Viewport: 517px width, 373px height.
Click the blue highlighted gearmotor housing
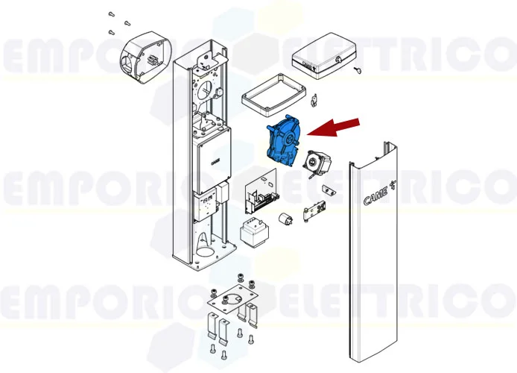pos(283,140)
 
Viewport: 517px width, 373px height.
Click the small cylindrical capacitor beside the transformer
pos(285,220)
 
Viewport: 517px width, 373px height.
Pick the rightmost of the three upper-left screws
pos(127,24)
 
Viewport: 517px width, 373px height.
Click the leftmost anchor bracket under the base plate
pos(210,326)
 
